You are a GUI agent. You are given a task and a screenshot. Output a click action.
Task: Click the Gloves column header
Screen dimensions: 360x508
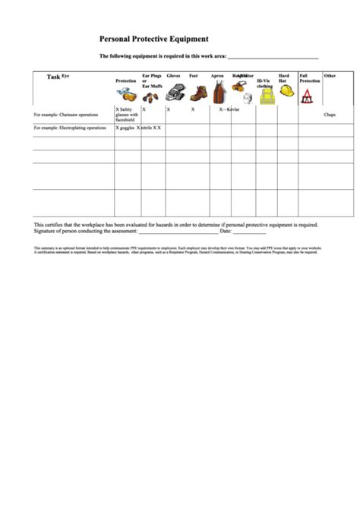coord(173,76)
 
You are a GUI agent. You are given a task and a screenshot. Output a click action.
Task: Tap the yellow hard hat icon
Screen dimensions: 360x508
coord(287,90)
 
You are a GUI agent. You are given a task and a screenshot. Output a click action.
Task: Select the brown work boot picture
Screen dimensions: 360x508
coord(198,93)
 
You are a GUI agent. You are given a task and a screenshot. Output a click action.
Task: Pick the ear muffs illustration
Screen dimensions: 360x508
coord(151,96)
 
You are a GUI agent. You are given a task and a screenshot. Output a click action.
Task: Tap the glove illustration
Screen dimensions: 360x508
coord(175,93)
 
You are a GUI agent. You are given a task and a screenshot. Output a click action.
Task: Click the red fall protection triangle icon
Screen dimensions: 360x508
coord(308,96)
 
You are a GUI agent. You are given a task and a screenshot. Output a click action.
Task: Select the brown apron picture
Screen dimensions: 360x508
coord(219,93)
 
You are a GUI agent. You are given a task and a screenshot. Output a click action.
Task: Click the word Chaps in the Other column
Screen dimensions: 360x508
coord(330,115)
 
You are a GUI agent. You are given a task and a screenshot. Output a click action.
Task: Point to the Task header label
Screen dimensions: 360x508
coord(53,77)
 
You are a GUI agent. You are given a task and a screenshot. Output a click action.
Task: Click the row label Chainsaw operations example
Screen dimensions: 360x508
coord(66,115)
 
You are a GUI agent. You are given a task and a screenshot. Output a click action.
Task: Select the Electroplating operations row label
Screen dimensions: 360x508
coord(70,128)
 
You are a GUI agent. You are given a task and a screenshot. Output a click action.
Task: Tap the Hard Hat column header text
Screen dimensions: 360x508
coord(284,77)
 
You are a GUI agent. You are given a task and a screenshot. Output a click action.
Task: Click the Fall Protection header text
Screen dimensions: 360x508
coord(309,77)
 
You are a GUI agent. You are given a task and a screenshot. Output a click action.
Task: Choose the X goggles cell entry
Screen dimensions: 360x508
coord(125,128)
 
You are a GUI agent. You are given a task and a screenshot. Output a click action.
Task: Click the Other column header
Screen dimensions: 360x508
coord(330,76)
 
